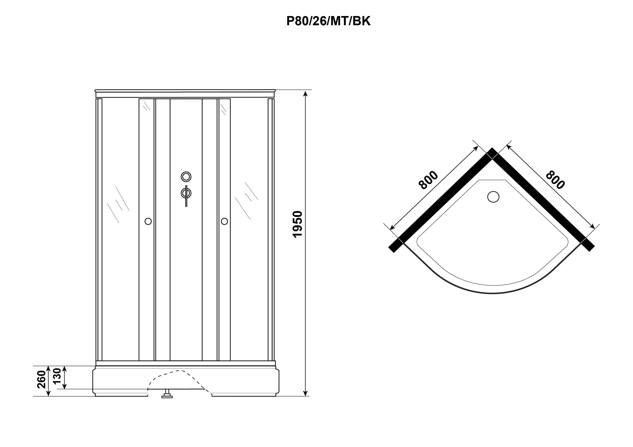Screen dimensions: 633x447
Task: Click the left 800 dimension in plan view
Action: click(x=428, y=180)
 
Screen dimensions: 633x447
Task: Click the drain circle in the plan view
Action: click(x=493, y=197)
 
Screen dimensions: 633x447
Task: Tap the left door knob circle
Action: click(x=148, y=221)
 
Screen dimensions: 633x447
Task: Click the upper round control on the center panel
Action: click(x=186, y=177)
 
